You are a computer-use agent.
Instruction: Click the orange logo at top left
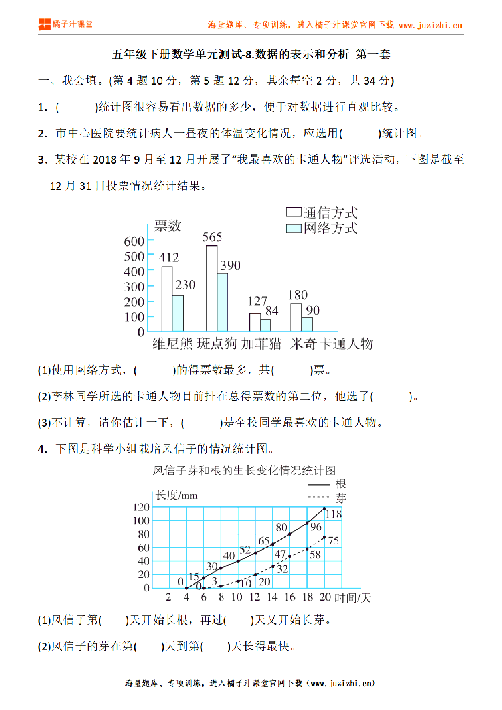pos(45,24)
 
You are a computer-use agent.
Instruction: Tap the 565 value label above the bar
pos(212,237)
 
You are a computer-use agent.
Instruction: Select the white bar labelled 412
pos(167,299)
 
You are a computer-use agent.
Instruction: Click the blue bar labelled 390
pos(222,302)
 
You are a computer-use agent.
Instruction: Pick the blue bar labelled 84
pos(266,325)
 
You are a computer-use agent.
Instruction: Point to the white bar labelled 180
pos(296,317)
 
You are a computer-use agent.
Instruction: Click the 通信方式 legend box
pos(294,212)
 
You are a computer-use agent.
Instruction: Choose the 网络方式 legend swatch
pos(294,228)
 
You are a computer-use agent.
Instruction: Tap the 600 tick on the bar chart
pos(134,242)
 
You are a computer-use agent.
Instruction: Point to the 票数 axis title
pos(167,226)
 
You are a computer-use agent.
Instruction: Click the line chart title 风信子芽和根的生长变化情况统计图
pos(244,470)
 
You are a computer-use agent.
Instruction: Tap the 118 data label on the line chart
pos(334,514)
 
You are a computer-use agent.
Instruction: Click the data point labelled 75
pos(324,538)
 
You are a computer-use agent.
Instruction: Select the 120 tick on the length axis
pos(141,507)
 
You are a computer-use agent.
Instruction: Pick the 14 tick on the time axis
pos(272,597)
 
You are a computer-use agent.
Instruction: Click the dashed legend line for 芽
pos(318,497)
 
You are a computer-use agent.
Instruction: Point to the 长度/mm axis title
pos(177,495)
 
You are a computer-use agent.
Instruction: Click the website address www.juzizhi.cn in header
pos(430,25)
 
